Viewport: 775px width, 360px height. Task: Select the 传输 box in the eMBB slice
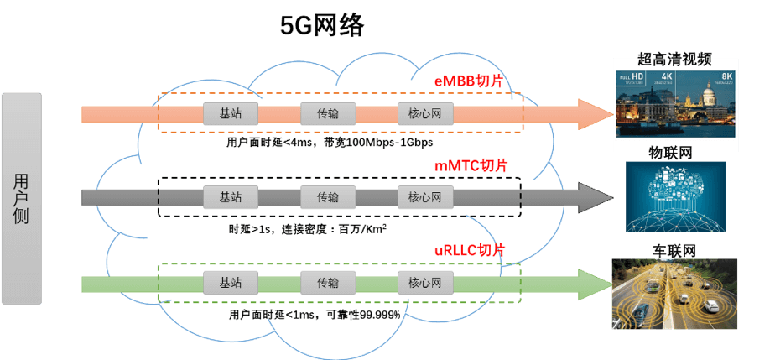(x=328, y=113)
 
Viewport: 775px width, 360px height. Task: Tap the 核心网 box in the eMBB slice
(x=425, y=113)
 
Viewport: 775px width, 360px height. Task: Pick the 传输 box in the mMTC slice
(x=328, y=197)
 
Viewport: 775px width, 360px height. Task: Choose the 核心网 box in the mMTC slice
(x=425, y=197)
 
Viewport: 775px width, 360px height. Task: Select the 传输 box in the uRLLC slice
(x=328, y=283)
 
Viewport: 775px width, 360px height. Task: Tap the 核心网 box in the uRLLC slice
(x=425, y=283)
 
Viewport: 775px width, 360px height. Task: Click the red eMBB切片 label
(x=474, y=81)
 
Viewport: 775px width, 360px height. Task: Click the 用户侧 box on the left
(x=21, y=199)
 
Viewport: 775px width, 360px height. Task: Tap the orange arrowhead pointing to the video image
(x=595, y=113)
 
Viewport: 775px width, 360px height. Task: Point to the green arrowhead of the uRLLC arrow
(x=595, y=283)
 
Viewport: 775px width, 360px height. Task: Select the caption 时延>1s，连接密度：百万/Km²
(x=307, y=228)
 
